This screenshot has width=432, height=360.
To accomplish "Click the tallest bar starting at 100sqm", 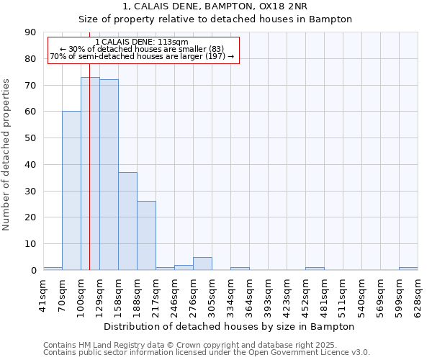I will click(x=90, y=174).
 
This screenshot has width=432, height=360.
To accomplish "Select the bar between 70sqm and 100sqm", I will click(x=71, y=191).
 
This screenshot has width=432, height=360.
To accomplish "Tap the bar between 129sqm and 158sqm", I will click(x=109, y=175).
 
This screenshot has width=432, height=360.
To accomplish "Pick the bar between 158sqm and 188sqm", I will click(x=127, y=221).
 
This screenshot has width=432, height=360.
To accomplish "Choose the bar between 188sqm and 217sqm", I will click(x=146, y=235).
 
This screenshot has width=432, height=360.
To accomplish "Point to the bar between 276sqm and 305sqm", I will click(x=202, y=264).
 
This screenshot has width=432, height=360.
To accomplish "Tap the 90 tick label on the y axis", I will click(x=30, y=32).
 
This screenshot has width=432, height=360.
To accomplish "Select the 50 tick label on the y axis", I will click(x=30, y=138).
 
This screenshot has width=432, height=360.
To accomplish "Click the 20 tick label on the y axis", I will click(x=30, y=217).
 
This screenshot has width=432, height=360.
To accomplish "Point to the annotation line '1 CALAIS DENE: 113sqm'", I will click(x=141, y=42).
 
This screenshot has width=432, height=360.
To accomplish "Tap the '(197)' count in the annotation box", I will click(x=215, y=56).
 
